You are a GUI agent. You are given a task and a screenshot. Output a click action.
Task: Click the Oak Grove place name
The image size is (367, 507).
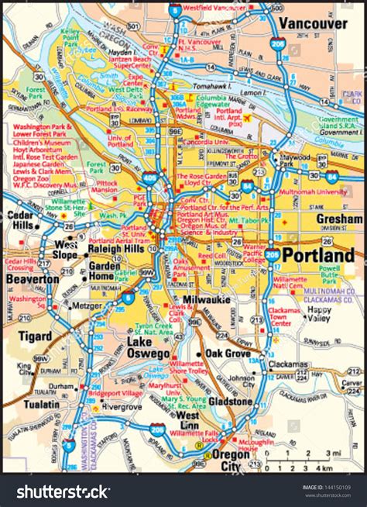click(230, 354)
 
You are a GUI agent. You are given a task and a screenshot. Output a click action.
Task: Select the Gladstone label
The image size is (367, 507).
click(230, 402)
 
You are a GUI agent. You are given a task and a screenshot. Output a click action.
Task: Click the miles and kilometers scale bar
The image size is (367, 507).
click(312, 464)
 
